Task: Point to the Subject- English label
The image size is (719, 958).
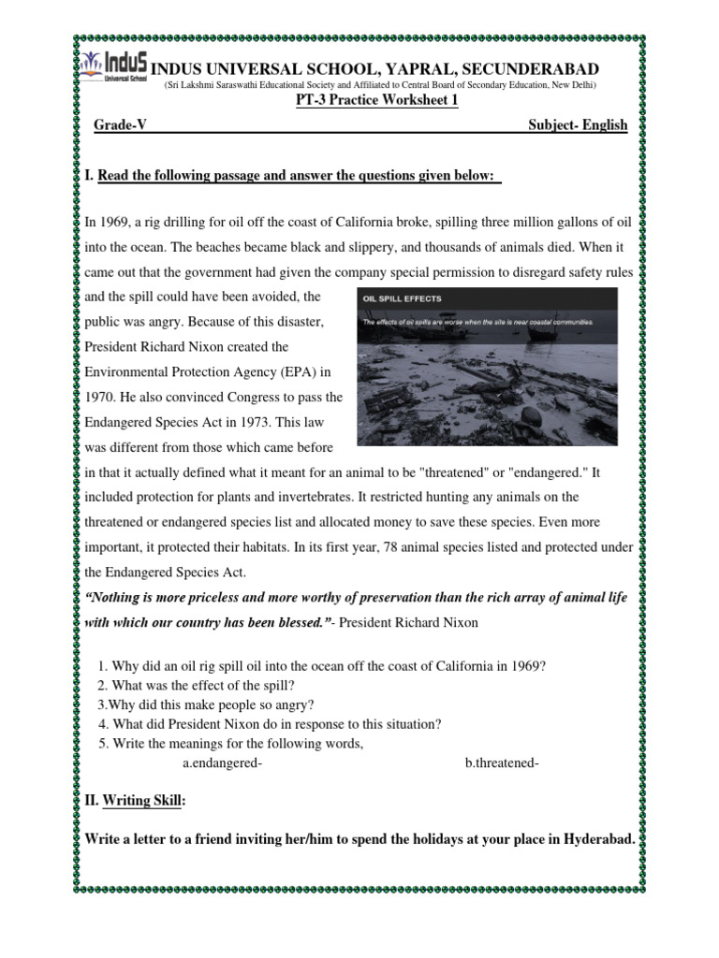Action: point(578,125)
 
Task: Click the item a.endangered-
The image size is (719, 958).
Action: point(222,763)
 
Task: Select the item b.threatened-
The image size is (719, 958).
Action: point(502,763)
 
